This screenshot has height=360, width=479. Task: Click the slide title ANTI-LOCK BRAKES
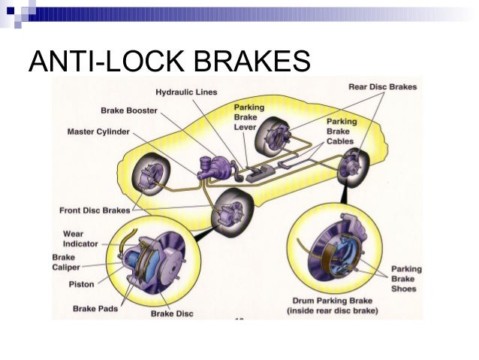169,62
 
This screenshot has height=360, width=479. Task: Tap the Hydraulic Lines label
186,92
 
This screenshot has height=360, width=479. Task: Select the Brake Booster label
130,110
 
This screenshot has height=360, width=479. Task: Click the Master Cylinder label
98,132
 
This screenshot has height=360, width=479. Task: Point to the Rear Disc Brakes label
382,87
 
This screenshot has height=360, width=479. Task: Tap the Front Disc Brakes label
94,210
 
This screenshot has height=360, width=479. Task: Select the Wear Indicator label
78,239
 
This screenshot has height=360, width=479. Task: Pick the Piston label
81,284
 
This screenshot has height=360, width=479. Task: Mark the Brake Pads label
95,308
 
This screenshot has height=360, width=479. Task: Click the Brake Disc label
173,313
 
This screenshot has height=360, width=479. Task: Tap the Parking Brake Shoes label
406,278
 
